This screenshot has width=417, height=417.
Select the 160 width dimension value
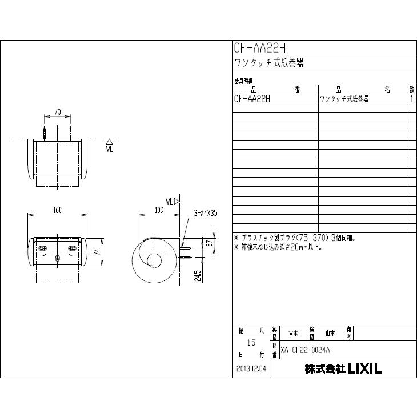coord(57,210)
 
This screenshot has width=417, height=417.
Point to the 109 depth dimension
coord(159,210)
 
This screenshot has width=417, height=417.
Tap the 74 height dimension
coord(97,251)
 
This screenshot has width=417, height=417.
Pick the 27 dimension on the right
coord(210,243)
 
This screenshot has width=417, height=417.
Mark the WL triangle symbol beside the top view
coord(109,141)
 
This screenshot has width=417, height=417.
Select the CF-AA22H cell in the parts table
coord(252,99)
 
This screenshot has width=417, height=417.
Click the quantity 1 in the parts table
coord(411,99)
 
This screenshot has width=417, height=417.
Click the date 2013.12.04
coord(251,369)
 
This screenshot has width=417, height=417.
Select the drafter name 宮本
coord(293,332)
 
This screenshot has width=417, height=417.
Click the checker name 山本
coord(330,332)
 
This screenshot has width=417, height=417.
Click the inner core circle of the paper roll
coord(153,262)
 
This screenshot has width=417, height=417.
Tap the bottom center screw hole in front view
coord(57,258)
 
